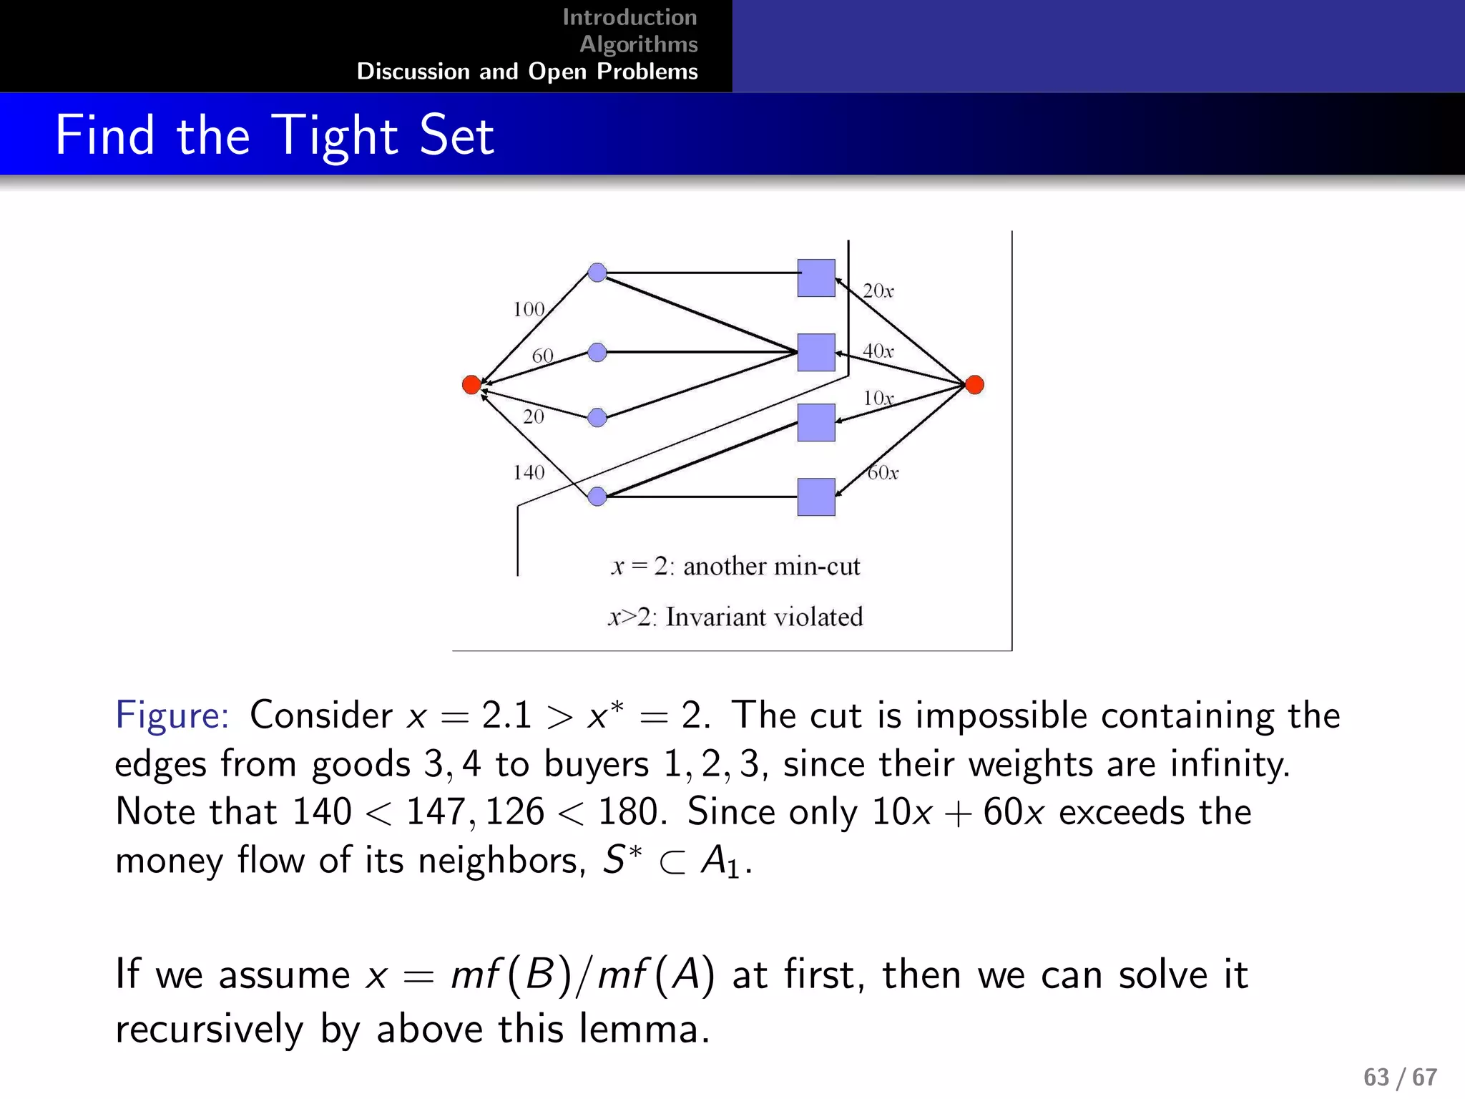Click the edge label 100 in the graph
529,309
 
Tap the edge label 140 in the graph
529,472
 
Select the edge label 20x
878,290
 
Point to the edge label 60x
883,472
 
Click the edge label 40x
878,351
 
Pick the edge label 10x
878,398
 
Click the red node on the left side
471,385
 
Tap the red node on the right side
974,385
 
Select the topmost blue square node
816,278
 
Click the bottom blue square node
816,497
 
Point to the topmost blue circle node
597,273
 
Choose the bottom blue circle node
597,496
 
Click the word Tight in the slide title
336,135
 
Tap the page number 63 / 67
1400,1077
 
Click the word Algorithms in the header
639,44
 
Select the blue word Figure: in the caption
172,715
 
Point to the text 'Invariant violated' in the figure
764,617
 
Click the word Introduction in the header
629,17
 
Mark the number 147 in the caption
436,812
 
